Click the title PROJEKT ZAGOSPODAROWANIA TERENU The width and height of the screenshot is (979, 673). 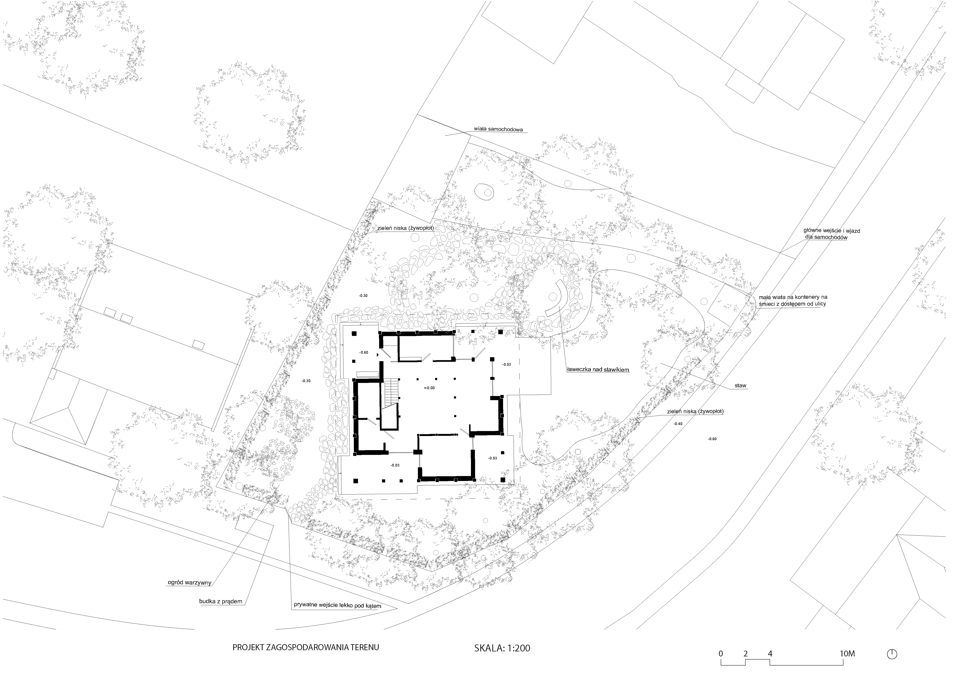306,647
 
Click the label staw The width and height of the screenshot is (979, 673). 741,386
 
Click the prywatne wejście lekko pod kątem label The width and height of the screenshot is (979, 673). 337,606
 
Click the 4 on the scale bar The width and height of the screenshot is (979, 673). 770,654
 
